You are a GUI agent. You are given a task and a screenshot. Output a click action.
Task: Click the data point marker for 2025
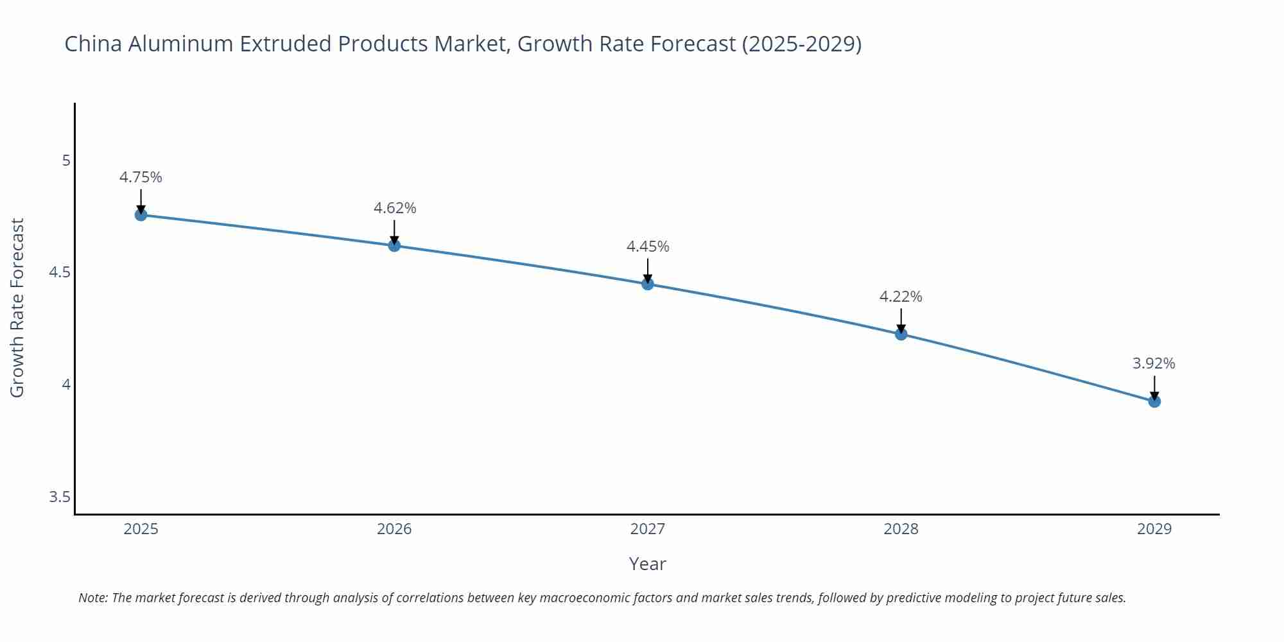click(141, 215)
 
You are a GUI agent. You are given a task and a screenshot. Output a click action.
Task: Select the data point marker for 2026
click(394, 245)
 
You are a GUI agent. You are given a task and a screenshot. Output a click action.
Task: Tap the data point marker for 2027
click(647, 284)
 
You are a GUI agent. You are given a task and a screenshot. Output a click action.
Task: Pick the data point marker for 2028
click(901, 334)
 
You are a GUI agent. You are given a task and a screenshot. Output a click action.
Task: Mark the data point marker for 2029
click(1154, 401)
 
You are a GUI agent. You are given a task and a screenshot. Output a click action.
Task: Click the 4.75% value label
click(141, 177)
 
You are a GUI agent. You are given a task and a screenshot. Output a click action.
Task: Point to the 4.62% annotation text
click(395, 208)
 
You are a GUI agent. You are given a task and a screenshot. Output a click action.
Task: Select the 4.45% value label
click(648, 247)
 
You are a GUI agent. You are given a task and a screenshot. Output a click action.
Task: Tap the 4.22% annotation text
click(901, 297)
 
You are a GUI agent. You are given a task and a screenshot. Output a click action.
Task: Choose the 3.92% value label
click(1154, 363)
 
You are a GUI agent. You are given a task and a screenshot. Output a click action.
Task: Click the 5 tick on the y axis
click(66, 160)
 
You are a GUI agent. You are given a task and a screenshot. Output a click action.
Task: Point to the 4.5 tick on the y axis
click(60, 272)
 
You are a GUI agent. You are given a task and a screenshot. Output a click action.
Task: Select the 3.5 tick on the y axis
click(60, 497)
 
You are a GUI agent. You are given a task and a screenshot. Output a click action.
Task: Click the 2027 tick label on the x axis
click(647, 529)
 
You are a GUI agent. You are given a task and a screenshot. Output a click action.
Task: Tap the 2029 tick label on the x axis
click(1154, 529)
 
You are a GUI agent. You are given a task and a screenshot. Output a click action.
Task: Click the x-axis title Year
click(647, 564)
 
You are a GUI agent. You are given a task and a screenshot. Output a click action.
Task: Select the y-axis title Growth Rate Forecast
click(17, 308)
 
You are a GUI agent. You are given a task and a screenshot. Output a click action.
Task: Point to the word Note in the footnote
click(92, 598)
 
